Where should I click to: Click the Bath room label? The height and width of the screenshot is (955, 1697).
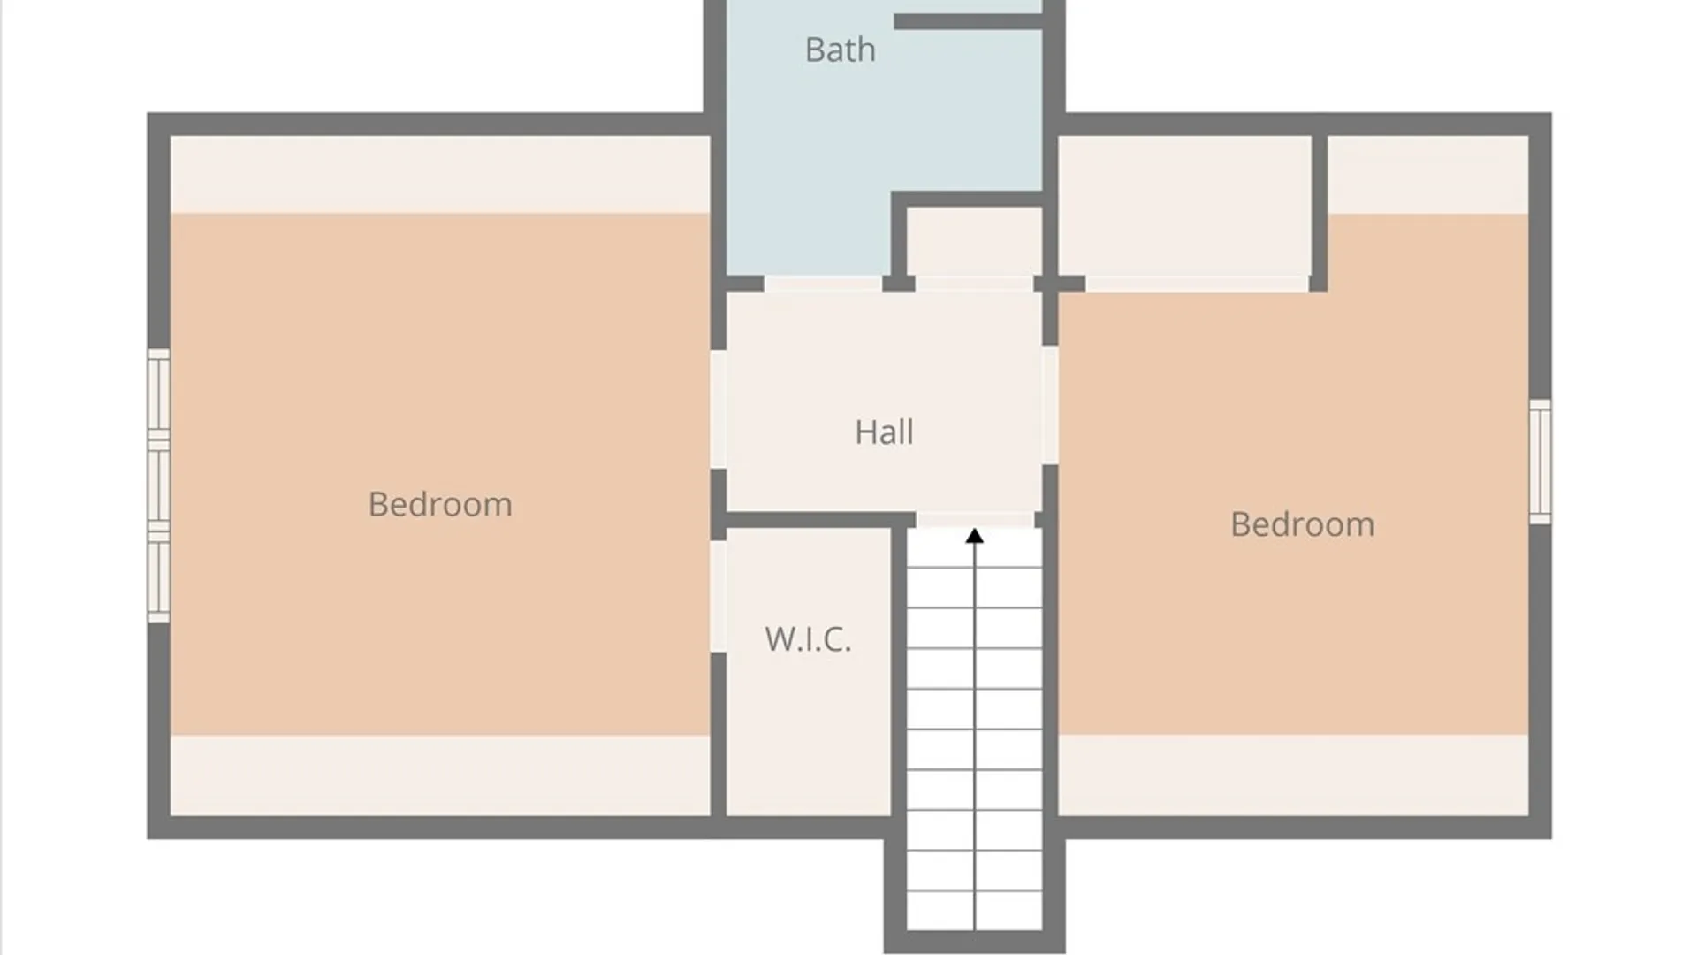pos(840,50)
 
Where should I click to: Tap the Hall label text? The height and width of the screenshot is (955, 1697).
pos(884,432)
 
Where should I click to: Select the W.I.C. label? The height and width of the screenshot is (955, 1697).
pos(808,638)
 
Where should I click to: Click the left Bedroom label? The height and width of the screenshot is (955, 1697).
pos(440,505)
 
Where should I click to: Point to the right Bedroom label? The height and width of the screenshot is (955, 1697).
pos(1302,524)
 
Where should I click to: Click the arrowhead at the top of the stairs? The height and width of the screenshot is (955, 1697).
pos(974,536)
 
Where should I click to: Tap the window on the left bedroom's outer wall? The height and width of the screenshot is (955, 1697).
pos(158,485)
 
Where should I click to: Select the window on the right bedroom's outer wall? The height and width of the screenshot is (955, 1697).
pos(1540,462)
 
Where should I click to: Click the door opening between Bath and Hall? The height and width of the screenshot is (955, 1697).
pos(823,284)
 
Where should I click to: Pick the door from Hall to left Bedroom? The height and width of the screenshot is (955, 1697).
pos(719,409)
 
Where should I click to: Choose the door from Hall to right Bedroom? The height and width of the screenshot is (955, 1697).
pos(1050,405)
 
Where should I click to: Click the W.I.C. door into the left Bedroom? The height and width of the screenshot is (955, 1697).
pos(719,597)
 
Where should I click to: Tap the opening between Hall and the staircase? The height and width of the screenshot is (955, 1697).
pos(975,520)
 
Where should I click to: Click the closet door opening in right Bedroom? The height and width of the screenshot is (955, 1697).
pos(1197,284)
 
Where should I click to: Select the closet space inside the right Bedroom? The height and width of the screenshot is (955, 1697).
pos(1184,206)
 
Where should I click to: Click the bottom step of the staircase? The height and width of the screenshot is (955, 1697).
pos(975,910)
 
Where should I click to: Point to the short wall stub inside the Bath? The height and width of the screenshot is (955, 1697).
pos(969,21)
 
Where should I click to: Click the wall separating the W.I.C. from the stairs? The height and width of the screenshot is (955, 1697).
pos(899,672)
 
